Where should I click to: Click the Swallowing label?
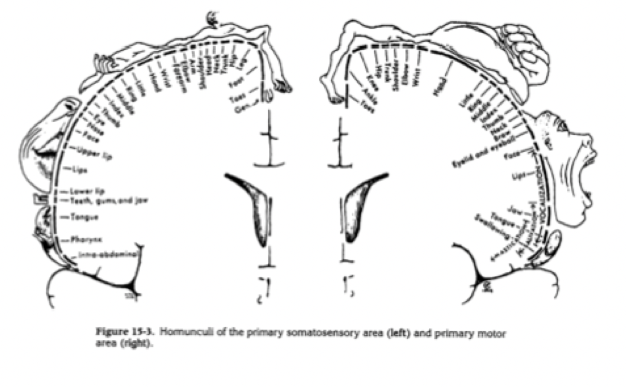tap(492, 225)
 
